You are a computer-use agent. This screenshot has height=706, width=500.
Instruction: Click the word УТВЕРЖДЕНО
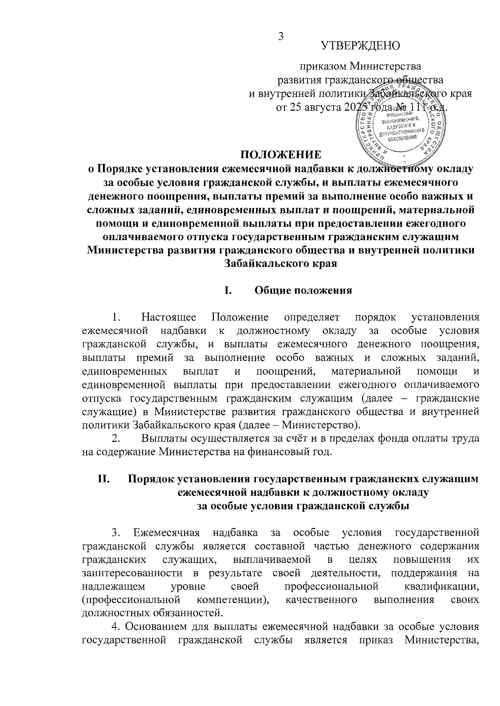click(x=360, y=45)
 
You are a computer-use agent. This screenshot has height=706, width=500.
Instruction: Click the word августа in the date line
click(x=321, y=107)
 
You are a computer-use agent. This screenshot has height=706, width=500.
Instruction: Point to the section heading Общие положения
click(x=303, y=290)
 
